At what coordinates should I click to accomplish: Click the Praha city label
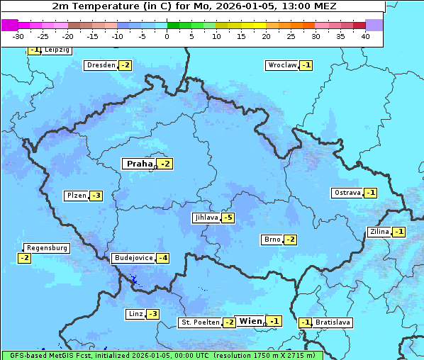pyautogui.click(x=139, y=164)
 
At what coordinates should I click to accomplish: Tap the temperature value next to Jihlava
pyautogui.click(x=228, y=218)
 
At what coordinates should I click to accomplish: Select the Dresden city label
pyautogui.click(x=101, y=65)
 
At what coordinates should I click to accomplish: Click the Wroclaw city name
pyautogui.click(x=281, y=65)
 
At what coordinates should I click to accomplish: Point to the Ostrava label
pyautogui.click(x=347, y=193)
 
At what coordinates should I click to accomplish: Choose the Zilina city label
pyautogui.click(x=379, y=232)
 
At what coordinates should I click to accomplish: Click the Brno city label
pyautogui.click(x=272, y=240)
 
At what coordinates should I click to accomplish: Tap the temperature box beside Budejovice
pyautogui.click(x=163, y=258)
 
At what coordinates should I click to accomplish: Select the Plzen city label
pyautogui.click(x=76, y=196)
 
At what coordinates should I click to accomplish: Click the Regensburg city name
pyautogui.click(x=47, y=248)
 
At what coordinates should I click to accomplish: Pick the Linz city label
pyautogui.click(x=135, y=314)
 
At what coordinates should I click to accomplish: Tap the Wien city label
pyautogui.click(x=250, y=321)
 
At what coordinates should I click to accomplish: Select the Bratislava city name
pyautogui.click(x=333, y=322)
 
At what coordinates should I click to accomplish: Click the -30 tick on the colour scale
pyautogui.click(x=18, y=35)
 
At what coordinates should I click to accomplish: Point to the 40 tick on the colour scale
pyautogui.click(x=365, y=35)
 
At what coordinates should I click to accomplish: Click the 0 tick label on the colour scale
pyautogui.click(x=167, y=35)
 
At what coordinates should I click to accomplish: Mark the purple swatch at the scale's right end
pyautogui.click(x=374, y=25)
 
